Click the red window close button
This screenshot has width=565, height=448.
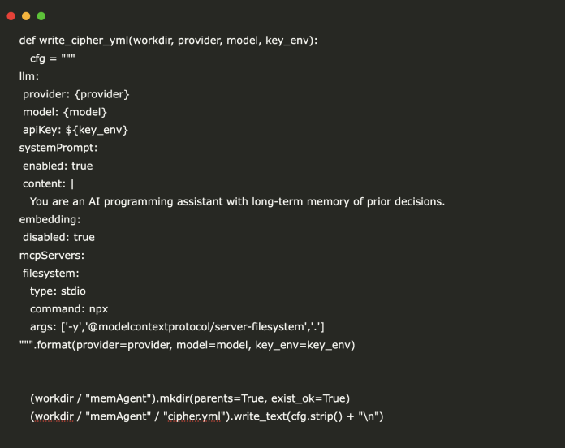tap(11, 16)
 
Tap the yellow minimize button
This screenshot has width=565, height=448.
tap(26, 16)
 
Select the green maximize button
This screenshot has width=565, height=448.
tap(41, 16)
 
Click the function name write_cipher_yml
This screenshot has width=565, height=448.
tap(84, 41)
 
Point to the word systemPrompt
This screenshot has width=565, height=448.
tap(57, 148)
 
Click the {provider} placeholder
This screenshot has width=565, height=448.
tap(101, 94)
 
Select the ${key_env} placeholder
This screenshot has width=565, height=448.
tap(97, 130)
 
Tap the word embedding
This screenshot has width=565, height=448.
tap(49, 219)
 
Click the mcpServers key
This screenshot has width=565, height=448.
tap(50, 256)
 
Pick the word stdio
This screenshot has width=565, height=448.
tap(73, 291)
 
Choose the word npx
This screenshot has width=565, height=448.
tap(98, 309)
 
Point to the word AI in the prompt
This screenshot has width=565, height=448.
tap(94, 201)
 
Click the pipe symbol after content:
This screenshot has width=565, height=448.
tap(72, 184)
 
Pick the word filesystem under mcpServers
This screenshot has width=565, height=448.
tap(50, 274)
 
